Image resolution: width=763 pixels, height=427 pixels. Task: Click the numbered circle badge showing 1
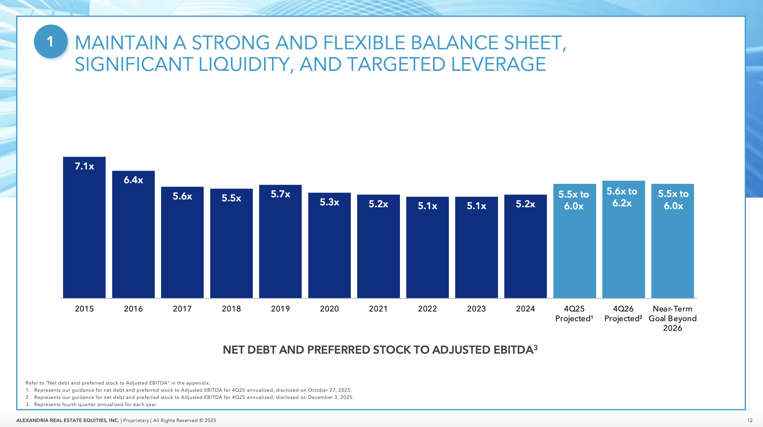coord(51,42)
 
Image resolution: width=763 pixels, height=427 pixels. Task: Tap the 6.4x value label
coord(133,180)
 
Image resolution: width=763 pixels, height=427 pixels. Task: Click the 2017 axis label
coord(182,309)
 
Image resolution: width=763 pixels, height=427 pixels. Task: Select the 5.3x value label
coord(329,202)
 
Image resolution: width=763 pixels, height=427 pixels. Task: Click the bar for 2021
coord(378,250)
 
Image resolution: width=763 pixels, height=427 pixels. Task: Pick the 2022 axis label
coord(427,309)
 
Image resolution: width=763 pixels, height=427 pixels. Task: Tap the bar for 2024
coord(525,250)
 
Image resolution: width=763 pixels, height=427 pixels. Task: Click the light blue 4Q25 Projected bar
coord(574,250)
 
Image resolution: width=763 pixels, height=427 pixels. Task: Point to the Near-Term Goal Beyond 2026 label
coord(673,318)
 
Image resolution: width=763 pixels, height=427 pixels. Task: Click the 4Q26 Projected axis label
coord(623,314)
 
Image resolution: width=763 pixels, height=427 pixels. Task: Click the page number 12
coord(750,420)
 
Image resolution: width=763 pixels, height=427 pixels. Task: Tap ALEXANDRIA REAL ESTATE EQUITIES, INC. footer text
coord(68,420)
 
